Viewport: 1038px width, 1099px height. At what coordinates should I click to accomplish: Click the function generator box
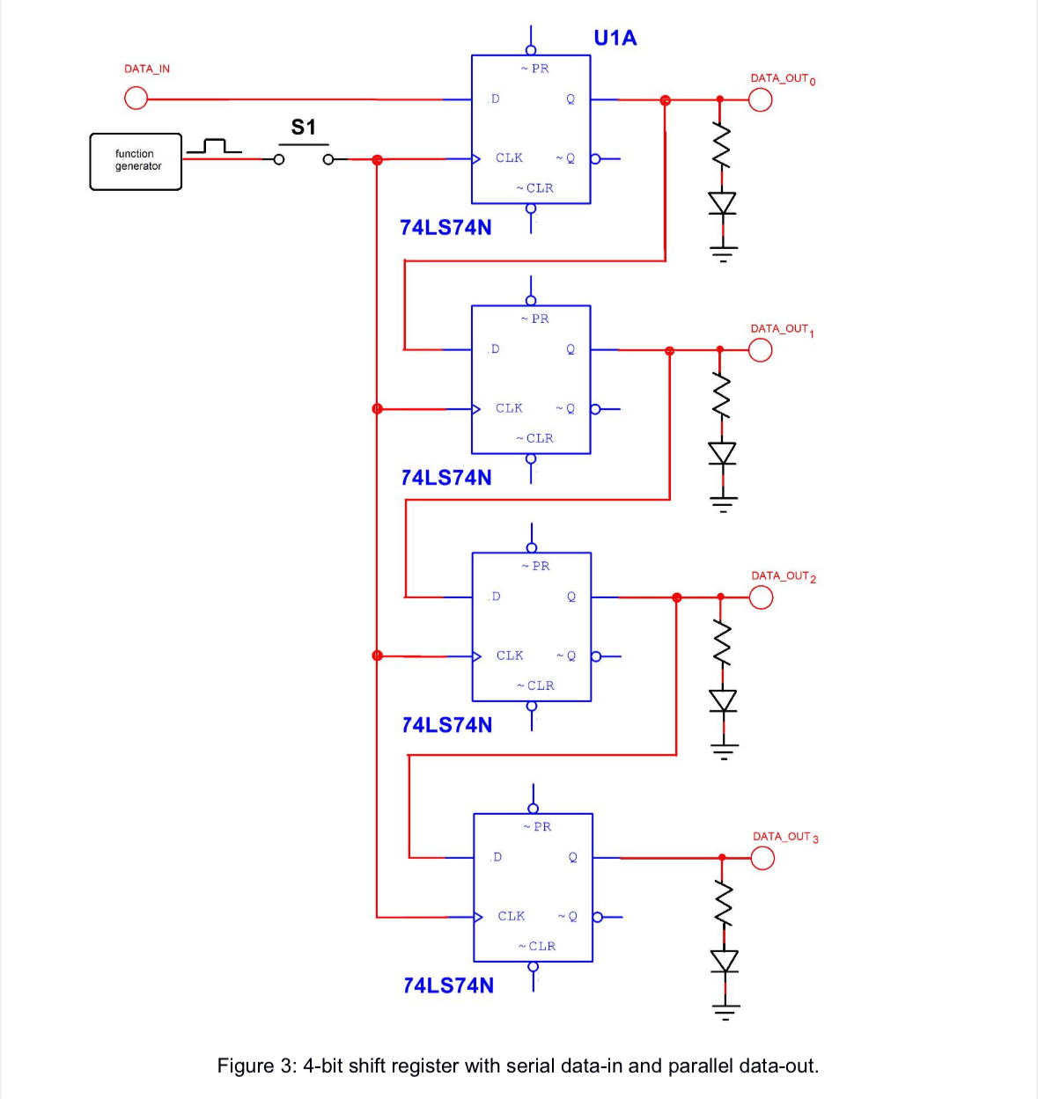pos(136,161)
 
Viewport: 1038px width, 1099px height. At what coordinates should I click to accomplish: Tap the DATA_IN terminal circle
pos(136,99)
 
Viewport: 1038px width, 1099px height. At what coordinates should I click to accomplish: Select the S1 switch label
pos(303,128)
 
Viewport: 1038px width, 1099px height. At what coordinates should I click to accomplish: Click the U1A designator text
pos(615,38)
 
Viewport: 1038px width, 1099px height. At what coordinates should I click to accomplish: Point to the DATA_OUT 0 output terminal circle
pos(760,99)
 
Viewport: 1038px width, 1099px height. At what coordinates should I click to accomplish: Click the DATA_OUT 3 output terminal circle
pos(762,857)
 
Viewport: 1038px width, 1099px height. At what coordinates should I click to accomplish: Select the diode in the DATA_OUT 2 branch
pos(723,700)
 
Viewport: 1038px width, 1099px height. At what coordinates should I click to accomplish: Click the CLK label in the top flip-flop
pos(509,158)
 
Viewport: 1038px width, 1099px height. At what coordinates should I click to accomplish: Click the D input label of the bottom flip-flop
pos(497,857)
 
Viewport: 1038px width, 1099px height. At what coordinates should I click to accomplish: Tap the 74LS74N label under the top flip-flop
pos(445,227)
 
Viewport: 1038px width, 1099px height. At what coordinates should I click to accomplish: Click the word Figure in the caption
pos(246,1066)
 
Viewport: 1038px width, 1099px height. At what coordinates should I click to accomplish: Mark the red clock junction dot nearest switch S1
pos(377,159)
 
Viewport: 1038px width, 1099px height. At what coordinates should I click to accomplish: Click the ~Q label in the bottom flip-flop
pos(568,916)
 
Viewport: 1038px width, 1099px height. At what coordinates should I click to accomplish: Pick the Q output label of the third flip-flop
pos(571,597)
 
